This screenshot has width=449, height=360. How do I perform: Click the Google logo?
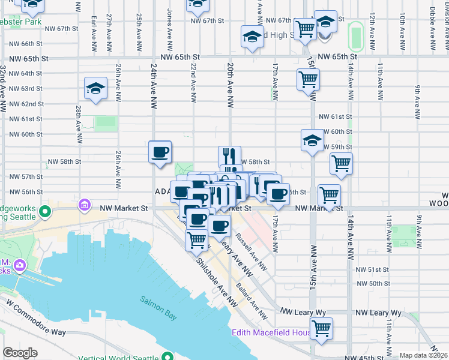(x=20, y=353)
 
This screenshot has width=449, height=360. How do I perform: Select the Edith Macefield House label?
(x=271, y=332)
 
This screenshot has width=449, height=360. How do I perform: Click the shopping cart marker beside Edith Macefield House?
(x=322, y=329)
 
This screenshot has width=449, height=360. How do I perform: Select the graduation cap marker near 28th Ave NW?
(x=96, y=89)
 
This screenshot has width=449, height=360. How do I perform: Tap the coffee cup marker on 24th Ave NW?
(x=160, y=152)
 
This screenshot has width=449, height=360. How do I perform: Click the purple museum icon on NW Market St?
(x=85, y=206)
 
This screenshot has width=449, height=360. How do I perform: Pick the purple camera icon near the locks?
(x=20, y=265)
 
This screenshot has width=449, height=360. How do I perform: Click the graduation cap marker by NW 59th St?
(x=312, y=140)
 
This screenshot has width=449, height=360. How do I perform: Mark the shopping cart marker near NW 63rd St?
(x=308, y=79)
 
